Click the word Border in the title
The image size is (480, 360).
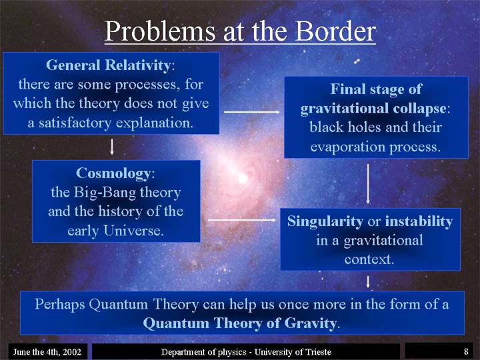pos(335,31)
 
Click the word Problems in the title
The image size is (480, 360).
pos(160,32)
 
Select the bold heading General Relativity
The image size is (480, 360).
pos(108,65)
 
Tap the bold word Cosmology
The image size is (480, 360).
pos(113,173)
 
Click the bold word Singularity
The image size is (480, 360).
pos(325,221)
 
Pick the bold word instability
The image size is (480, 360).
pos(419,221)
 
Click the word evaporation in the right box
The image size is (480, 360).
pos(348,147)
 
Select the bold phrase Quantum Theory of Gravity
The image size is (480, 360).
pos(240,323)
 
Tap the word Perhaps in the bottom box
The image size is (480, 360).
pos(61,305)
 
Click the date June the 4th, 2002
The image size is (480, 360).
pos(47,352)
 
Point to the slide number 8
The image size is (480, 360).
pos(466,351)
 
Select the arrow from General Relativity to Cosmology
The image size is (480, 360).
pos(112,147)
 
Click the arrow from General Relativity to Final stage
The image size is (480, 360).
pos(252,112)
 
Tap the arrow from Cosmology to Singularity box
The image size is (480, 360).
pos(242,220)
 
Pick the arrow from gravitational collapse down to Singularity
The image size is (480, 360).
pos(368,184)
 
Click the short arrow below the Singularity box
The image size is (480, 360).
pos(368,282)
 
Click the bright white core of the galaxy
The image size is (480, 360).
pos(243,178)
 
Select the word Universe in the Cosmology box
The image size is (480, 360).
pos(133,231)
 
